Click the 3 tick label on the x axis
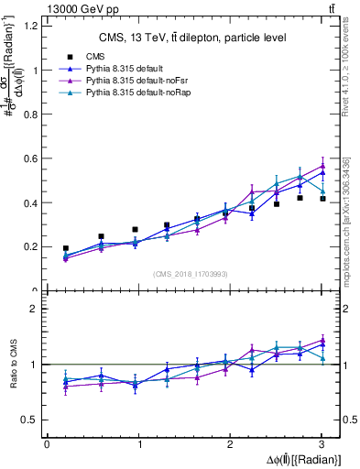(322, 444)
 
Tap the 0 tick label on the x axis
(47, 444)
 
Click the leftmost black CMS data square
(65, 248)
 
